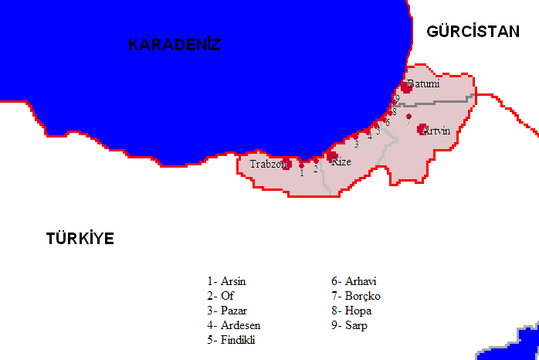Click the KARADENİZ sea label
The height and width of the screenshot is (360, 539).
point(175,45)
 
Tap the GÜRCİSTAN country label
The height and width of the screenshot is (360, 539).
point(473,31)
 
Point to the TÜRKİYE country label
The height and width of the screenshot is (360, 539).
point(80,238)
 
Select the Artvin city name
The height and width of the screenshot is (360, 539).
point(436,131)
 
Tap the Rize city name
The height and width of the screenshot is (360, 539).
point(341,161)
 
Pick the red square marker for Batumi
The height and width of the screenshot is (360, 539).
point(406,87)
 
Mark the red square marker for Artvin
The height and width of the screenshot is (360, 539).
point(422,129)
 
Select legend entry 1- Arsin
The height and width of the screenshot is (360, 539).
point(226,280)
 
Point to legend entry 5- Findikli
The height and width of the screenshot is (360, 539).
point(231,340)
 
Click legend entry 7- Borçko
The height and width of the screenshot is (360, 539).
point(356,295)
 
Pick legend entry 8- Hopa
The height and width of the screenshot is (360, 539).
point(351,310)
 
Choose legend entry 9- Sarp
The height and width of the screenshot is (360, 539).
point(350,325)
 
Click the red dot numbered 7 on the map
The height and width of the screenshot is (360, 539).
point(408,117)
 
